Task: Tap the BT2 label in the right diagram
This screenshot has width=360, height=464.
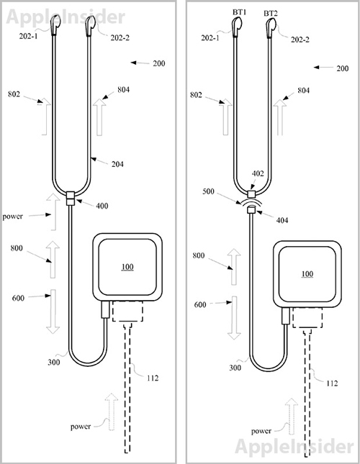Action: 271,14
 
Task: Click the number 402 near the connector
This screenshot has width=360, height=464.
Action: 258,173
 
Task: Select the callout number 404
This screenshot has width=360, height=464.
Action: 282,220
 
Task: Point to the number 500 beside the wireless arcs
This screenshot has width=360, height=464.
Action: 208,191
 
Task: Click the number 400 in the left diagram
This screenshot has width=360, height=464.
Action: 102,206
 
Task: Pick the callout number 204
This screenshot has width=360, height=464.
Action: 117,164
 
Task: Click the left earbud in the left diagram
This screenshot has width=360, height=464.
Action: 55,25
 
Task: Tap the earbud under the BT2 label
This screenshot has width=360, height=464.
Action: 270,28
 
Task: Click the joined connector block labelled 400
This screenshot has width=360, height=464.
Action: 71,199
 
